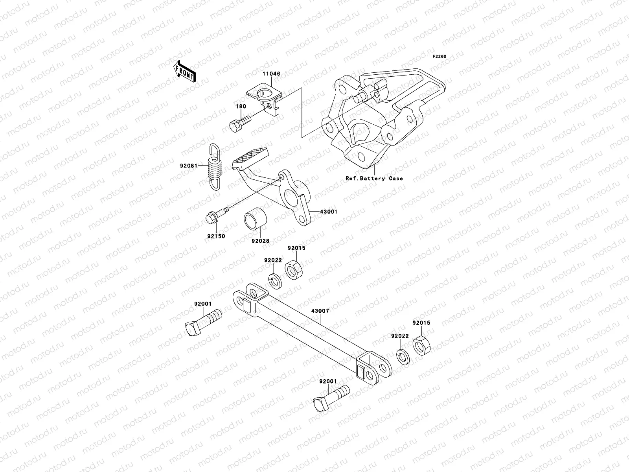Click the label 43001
(x=329, y=212)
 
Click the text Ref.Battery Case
(x=374, y=178)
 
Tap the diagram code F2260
(x=440, y=56)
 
